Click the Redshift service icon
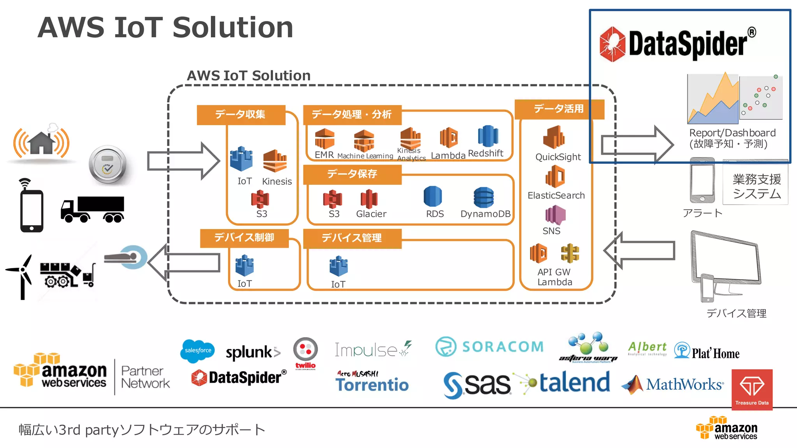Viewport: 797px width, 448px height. pyautogui.click(x=488, y=136)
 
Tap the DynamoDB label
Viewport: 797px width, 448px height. pyautogui.click(x=485, y=214)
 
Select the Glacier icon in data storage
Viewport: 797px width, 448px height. pyautogui.click(x=369, y=199)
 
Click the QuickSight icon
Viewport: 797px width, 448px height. pyautogui.click(x=554, y=137)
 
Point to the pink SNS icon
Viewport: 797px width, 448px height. pyautogui.click(x=555, y=215)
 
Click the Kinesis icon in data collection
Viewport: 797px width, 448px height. pyautogui.click(x=275, y=161)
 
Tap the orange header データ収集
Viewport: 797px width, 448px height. pyautogui.click(x=241, y=114)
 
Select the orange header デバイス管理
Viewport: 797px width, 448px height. pyautogui.click(x=352, y=238)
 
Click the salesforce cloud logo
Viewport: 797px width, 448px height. pyautogui.click(x=198, y=350)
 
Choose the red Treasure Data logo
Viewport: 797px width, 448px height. pyautogui.click(x=752, y=389)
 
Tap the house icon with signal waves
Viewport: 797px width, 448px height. pyautogui.click(x=41, y=142)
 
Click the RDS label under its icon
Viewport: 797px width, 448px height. pyautogui.click(x=435, y=214)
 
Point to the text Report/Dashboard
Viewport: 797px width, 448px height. pyautogui.click(x=732, y=133)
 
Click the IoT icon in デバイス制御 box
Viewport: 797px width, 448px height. pyautogui.click(x=244, y=266)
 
